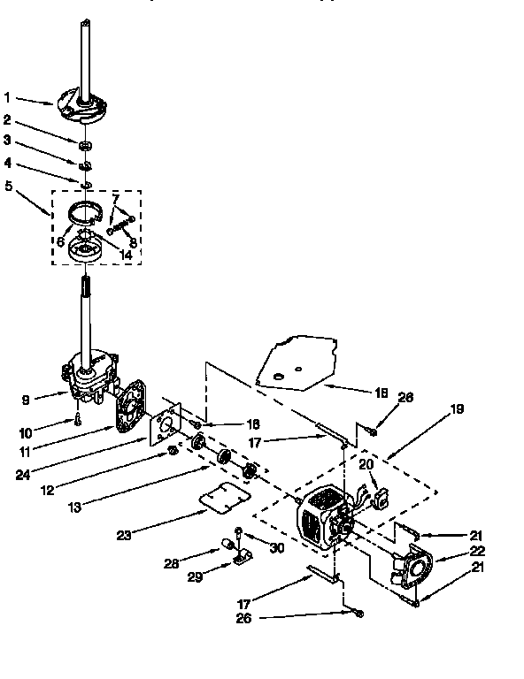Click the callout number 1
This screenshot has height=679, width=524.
point(7,97)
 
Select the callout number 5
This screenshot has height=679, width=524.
point(8,186)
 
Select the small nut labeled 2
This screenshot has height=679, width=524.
point(86,145)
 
